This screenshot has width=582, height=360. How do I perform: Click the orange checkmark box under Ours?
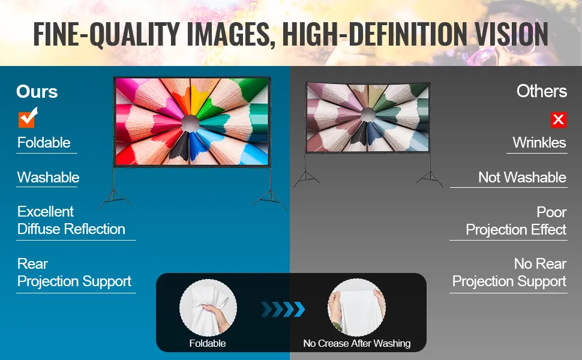coord(28,118)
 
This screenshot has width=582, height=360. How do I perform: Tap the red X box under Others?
coord(558,119)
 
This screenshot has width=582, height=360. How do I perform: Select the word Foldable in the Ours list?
coord(44,143)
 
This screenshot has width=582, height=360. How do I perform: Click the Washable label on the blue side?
coord(48,178)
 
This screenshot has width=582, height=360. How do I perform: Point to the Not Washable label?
coord(522,178)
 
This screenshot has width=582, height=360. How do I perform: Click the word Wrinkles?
coord(539,143)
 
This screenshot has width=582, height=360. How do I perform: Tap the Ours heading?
coord(37,91)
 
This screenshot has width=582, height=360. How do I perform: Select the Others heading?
coord(542,91)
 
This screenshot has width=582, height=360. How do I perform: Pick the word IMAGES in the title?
coord(228,34)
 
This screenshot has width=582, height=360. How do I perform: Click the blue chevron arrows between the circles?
coord(283,309)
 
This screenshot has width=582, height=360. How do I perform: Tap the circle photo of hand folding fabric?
coord(208,308)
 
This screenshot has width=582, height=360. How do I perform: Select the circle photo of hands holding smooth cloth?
coord(356,308)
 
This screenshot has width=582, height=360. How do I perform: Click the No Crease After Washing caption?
coord(356,343)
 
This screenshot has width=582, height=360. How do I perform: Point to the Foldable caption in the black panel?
coord(208,343)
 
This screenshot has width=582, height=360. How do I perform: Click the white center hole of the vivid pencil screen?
coord(190,123)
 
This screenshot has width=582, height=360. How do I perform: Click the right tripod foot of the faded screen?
coord(430,179)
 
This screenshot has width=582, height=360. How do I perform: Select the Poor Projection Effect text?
coord(516,221)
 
